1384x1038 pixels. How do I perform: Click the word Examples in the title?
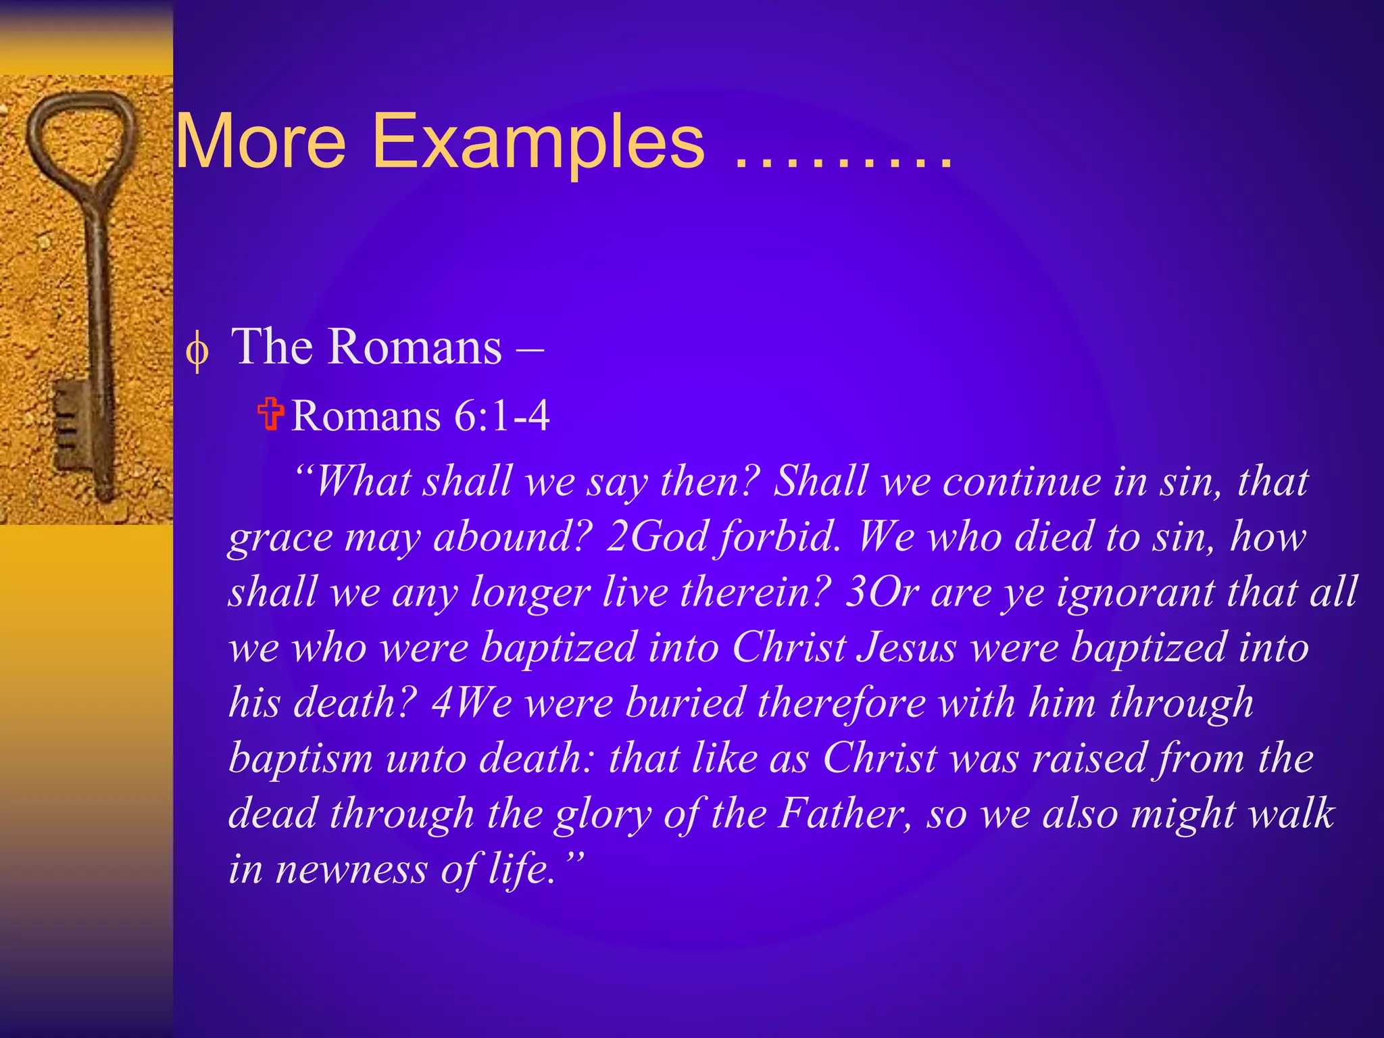[x=539, y=143]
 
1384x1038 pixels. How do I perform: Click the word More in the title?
[x=261, y=143]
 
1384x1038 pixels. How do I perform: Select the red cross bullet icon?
[x=271, y=414]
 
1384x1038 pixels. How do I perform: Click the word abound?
[x=512, y=537]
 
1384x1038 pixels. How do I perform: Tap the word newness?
[x=351, y=869]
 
